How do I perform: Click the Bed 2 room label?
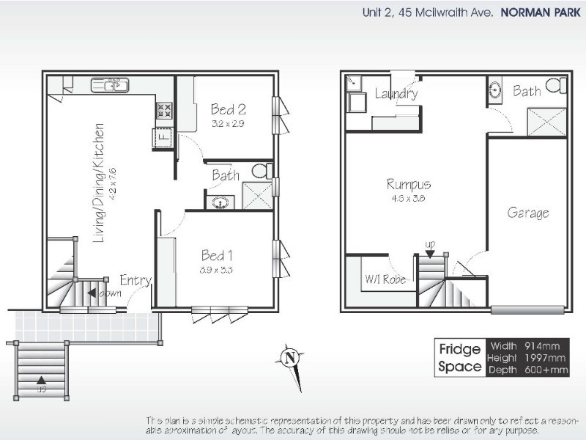(x=228, y=110)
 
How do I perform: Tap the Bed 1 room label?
(x=218, y=256)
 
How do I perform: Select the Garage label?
(x=528, y=213)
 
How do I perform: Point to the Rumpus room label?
(x=409, y=184)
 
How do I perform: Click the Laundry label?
(x=396, y=93)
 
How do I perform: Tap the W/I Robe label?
(x=385, y=279)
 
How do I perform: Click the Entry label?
(x=136, y=280)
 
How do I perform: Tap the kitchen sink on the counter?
(x=111, y=86)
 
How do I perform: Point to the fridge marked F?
(x=163, y=136)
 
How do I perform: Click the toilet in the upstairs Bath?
(x=259, y=171)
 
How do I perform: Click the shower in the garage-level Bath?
(x=547, y=122)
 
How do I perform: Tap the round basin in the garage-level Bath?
(x=496, y=91)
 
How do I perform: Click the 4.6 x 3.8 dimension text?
(x=409, y=198)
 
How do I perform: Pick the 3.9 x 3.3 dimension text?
(x=218, y=270)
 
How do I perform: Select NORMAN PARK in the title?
(x=541, y=12)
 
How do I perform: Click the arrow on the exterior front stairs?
(x=41, y=380)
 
